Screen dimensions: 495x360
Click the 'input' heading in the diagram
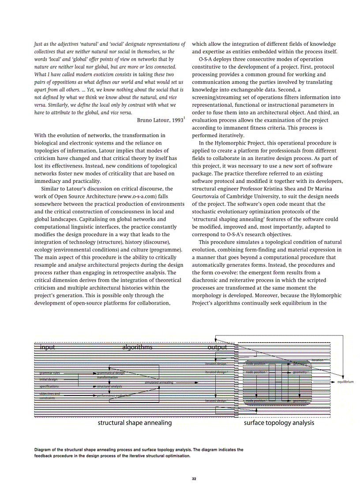point(48,347)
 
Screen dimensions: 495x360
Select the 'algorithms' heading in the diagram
point(137,347)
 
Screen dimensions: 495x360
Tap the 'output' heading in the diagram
point(217,347)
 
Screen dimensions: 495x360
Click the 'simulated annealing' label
point(159,382)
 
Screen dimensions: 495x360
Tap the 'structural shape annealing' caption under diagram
point(135,423)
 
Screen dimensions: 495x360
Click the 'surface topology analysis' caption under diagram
point(279,423)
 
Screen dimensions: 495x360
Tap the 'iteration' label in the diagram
point(318,360)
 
